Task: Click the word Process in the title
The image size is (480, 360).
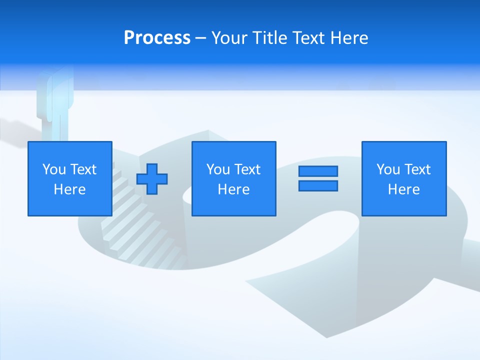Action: click(x=157, y=38)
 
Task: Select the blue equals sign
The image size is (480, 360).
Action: click(x=318, y=178)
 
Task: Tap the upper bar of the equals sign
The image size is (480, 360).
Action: click(x=318, y=171)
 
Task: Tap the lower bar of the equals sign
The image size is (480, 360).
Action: click(x=318, y=185)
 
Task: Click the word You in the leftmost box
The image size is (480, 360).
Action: click(x=54, y=169)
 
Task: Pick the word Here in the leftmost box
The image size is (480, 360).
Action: click(x=69, y=189)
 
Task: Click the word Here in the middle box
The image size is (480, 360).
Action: click(x=233, y=189)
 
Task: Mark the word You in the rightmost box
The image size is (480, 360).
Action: click(x=388, y=169)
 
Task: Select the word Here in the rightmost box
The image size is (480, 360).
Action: click(x=403, y=189)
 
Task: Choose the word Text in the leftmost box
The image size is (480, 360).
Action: click(x=83, y=169)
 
